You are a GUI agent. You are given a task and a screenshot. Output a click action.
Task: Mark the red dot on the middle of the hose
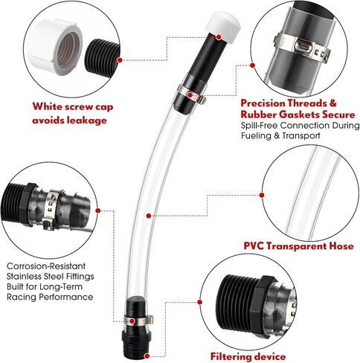coord(149,215)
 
